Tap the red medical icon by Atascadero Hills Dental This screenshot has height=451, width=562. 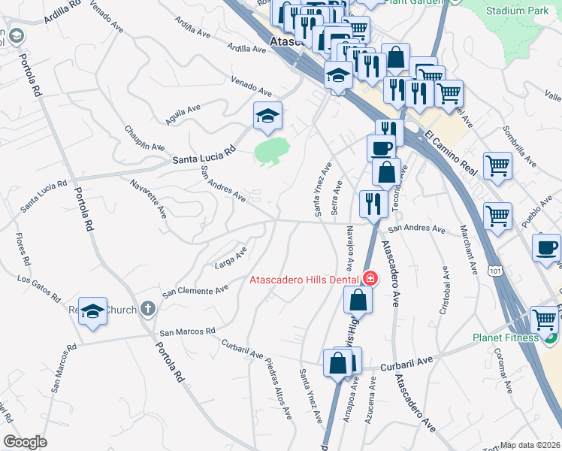[369, 279]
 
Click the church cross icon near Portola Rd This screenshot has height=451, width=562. [148, 309]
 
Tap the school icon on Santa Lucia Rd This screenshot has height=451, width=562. [267, 115]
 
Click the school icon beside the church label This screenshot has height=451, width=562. [92, 311]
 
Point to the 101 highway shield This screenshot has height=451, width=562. [495, 268]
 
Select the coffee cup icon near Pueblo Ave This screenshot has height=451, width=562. [547, 247]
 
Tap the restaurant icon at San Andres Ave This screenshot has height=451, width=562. [372, 202]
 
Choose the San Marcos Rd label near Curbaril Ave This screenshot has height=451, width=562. [187, 331]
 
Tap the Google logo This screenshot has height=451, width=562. [26, 442]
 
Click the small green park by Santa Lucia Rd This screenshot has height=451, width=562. [272, 151]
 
